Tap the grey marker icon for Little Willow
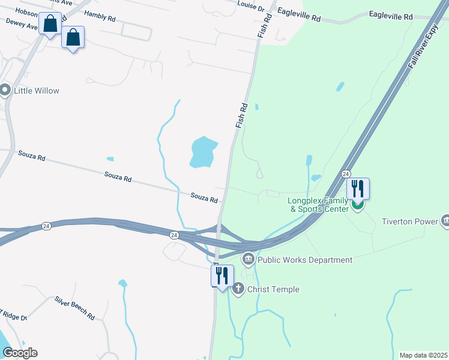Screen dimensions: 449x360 (x=6, y=91)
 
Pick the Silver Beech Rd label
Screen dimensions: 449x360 (x=74, y=307)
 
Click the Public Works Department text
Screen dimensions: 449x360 (x=305, y=260)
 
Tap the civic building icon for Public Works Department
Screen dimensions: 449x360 (x=249, y=260)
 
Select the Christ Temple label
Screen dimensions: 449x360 (x=274, y=290)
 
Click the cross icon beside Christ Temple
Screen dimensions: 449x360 (x=238, y=290)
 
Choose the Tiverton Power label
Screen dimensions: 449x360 (x=410, y=221)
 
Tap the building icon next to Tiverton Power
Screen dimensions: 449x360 (x=445, y=221)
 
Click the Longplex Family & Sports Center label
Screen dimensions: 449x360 (x=318, y=205)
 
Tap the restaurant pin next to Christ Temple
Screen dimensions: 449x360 (x=222, y=277)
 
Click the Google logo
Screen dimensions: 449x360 (x=20, y=353)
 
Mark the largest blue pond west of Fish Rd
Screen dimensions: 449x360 (x=202, y=152)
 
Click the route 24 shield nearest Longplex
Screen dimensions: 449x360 (x=346, y=173)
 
